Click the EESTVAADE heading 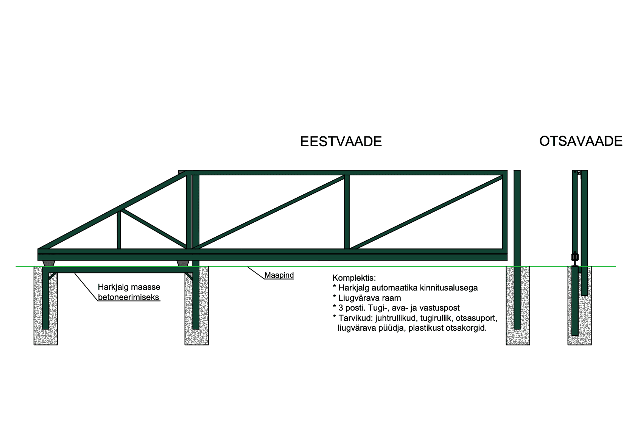[x=341, y=142]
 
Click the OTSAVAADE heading [x=581, y=141]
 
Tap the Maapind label [x=279, y=275]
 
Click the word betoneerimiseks [x=128, y=297]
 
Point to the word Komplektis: [x=354, y=278]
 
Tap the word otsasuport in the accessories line [x=476, y=318]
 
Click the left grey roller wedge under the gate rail [x=49, y=264]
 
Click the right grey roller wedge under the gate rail [x=183, y=264]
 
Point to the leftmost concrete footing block [x=46, y=306]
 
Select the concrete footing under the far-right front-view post [x=518, y=306]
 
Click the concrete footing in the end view [x=579, y=306]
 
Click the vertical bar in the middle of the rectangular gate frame [x=347, y=212]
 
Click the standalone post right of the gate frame [x=517, y=250]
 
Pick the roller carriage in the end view [x=575, y=258]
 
